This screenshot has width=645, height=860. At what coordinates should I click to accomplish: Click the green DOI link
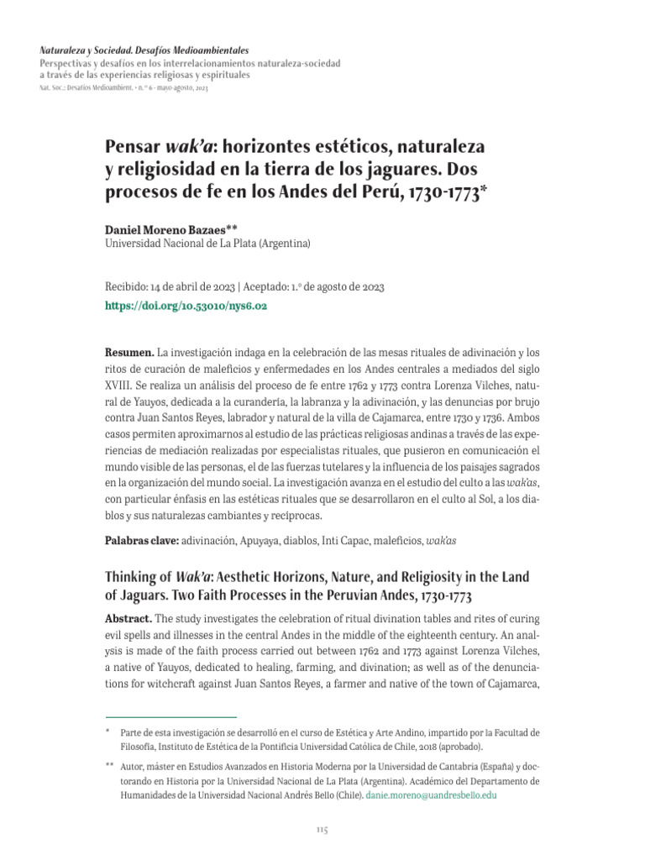[x=186, y=307]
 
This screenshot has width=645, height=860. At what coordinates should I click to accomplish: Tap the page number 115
[x=322, y=830]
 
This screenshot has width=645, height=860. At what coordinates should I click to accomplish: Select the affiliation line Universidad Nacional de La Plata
[x=207, y=244]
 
